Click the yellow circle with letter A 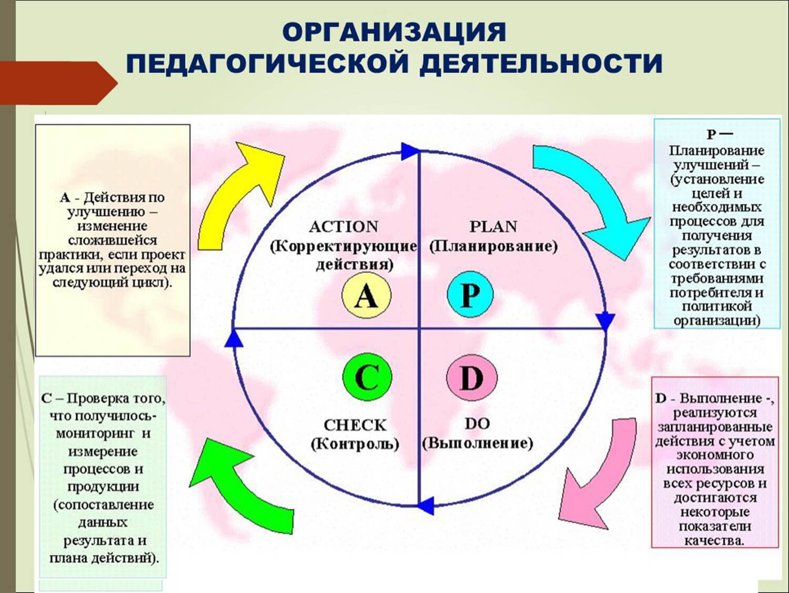click(366, 296)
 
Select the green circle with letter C click(367, 377)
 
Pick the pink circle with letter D click(471, 377)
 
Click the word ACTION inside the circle click(343, 227)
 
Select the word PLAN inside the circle click(493, 227)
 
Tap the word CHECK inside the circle click(355, 425)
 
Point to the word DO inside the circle click(477, 424)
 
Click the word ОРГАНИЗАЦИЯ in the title click(394, 33)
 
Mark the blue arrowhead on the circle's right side click(606, 320)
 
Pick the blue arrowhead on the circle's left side click(233, 339)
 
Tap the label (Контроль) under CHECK click(355, 444)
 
